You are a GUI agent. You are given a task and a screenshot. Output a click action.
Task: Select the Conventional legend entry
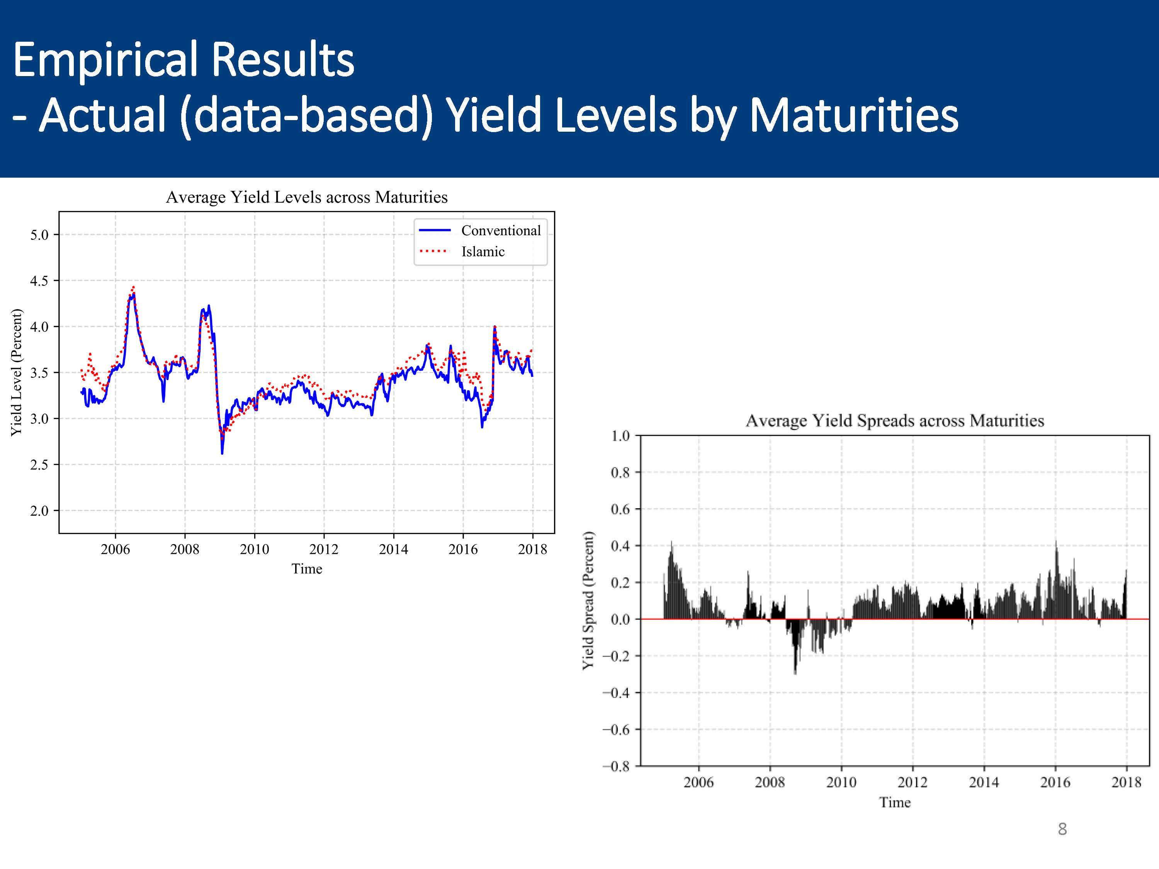point(500,231)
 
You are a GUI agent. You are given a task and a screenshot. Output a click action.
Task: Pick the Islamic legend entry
point(483,252)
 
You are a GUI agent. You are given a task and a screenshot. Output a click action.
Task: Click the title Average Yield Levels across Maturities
point(306,197)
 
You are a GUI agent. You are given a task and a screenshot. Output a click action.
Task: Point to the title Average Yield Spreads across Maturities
point(894,421)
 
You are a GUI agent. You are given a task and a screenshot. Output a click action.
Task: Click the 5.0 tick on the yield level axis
point(39,235)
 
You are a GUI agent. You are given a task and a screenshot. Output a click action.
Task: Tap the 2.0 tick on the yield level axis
point(39,511)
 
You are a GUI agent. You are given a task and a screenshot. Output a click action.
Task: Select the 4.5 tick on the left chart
point(39,281)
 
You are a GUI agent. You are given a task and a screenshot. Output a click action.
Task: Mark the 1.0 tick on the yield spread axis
point(620,436)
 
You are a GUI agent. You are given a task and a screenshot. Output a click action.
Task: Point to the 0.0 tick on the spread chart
point(620,619)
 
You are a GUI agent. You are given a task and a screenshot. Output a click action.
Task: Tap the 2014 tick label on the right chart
point(984,782)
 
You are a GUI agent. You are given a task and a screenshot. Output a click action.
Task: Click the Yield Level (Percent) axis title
point(17,372)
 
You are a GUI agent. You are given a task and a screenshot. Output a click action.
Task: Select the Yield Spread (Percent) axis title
point(588,600)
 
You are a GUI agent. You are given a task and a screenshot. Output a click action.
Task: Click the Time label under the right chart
point(894,803)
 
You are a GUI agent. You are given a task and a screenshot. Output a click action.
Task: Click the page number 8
point(1062,829)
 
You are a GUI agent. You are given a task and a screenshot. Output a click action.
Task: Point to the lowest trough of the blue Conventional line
point(222,453)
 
